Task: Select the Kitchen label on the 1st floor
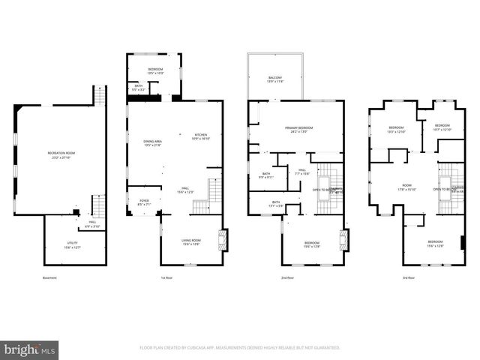pos(202,136)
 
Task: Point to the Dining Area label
pos(154,142)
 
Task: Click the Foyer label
pos(144,202)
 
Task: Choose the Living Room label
pos(191,241)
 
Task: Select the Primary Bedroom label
pos(298,130)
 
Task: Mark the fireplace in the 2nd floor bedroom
pos(343,240)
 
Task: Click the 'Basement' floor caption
pos(50,278)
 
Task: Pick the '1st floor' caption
pos(168,278)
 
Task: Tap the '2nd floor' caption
pos(288,278)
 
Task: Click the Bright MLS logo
pos(30,349)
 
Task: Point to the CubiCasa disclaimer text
pos(240,348)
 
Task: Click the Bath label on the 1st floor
pos(139,87)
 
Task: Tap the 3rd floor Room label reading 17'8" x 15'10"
pos(407,187)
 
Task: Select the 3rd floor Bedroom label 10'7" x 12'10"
pos(442,127)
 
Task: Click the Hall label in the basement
pos(92,223)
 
